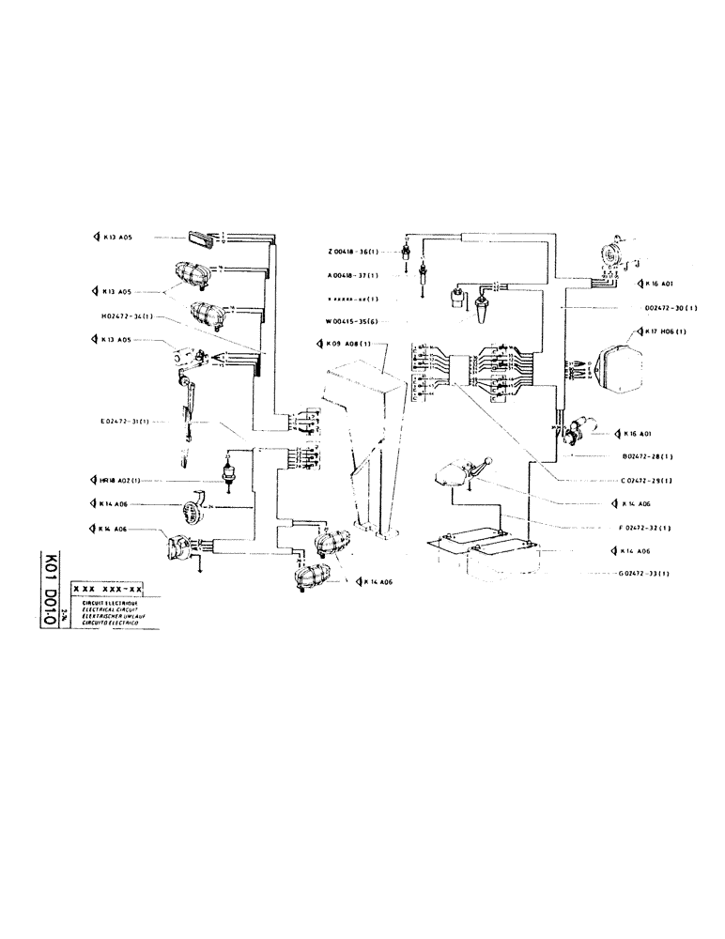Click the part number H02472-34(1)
[126, 316]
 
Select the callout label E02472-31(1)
[128, 422]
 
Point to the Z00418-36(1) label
[353, 252]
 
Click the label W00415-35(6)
[352, 321]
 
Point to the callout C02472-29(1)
[652, 480]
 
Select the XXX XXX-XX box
[107, 589]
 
